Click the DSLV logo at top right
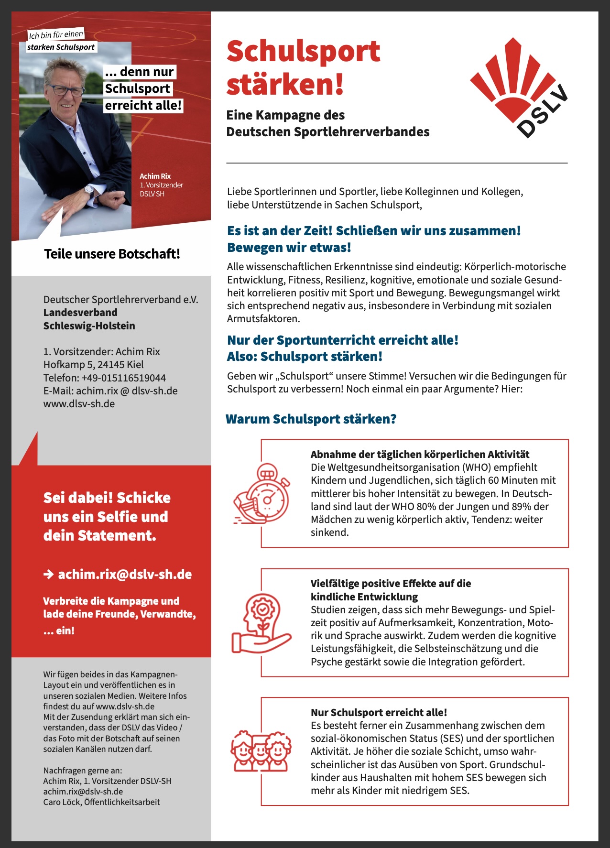(x=519, y=88)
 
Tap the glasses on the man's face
(x=65, y=90)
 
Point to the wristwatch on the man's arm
(x=88, y=190)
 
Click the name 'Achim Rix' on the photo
(x=155, y=176)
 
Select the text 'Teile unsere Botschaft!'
(x=112, y=254)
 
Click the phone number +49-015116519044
(x=123, y=378)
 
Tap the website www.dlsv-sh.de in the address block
(x=79, y=403)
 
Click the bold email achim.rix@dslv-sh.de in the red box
(x=125, y=574)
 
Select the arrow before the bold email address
(x=48, y=574)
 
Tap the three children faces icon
(x=261, y=751)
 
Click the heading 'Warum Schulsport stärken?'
(x=311, y=419)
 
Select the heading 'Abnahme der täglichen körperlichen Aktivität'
(x=420, y=454)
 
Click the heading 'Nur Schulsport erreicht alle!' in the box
(x=379, y=712)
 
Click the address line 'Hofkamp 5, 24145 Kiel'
(x=93, y=364)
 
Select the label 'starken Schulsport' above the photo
(x=61, y=47)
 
